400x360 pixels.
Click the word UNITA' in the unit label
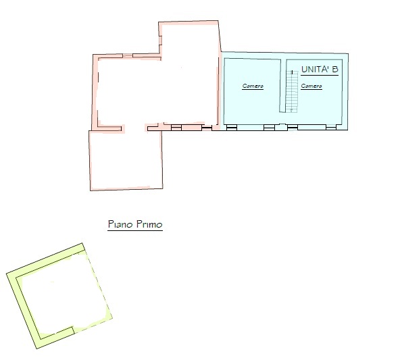(x=316, y=70)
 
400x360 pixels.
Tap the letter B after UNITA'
(x=335, y=70)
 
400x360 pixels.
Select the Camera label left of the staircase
(x=253, y=86)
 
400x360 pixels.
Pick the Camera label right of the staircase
(x=311, y=86)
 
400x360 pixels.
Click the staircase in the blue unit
(x=292, y=92)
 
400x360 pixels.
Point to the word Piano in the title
(x=121, y=224)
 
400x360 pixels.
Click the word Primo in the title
(x=149, y=224)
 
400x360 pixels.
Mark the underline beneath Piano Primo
(x=135, y=230)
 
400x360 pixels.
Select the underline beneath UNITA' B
(x=320, y=75)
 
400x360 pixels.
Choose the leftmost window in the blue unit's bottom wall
(x=232, y=127)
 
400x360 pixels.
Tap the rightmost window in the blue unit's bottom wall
(x=331, y=127)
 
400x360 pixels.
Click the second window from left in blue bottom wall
(x=269, y=127)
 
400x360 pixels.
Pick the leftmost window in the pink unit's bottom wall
(x=176, y=127)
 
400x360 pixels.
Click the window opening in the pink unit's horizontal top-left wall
(x=128, y=55)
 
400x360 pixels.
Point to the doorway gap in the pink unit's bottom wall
(x=134, y=128)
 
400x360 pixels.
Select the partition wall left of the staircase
(x=281, y=86)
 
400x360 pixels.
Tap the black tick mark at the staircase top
(x=292, y=72)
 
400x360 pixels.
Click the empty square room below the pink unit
(x=126, y=160)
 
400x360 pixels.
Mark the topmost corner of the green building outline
(x=82, y=243)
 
